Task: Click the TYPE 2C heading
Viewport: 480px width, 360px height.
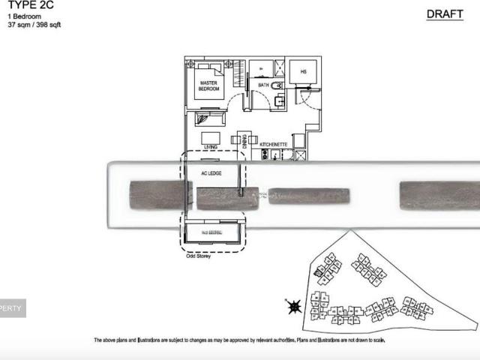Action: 25,4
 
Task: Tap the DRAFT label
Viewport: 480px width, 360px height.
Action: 445,14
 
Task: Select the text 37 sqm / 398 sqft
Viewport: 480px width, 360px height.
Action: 34,25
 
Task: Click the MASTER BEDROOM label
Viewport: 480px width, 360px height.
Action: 209,86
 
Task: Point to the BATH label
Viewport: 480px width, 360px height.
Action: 263,85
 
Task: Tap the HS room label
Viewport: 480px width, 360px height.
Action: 304,71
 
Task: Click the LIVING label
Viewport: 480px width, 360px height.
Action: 211,147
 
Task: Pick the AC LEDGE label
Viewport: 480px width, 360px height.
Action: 210,173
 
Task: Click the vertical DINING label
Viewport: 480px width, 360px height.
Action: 235,139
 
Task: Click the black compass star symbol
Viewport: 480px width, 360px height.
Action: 293,306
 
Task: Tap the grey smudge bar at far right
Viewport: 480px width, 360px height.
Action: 439,195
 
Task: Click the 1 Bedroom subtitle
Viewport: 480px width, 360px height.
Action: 24,16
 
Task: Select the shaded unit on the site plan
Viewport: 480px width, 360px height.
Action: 319,274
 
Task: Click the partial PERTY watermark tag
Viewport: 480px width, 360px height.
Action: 13,307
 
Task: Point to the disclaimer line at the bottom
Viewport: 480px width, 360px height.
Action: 239,340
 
